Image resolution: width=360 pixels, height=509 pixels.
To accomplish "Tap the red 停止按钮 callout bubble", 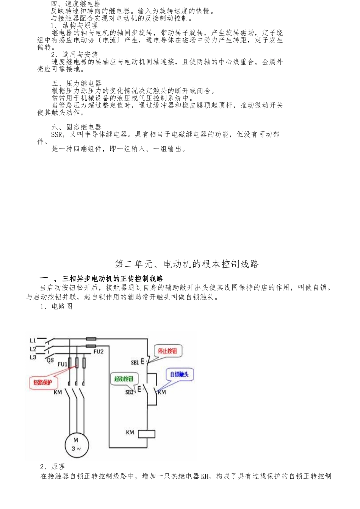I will point(167,351).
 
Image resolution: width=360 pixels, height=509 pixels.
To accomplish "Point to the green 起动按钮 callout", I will point(124,379).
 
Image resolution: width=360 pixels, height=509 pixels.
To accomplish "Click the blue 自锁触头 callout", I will point(179,374).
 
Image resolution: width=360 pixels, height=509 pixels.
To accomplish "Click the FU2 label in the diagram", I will point(98,351).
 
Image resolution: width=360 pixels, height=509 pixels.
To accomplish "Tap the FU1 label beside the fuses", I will point(63,364).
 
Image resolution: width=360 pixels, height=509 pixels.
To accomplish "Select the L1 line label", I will point(33,340).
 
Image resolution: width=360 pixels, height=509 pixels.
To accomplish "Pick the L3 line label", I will point(33,357).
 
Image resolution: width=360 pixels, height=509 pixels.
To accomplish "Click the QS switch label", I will point(50,361).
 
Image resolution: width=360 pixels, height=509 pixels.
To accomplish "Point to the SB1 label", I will point(135,362).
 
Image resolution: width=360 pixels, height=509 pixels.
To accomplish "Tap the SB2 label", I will point(130,392).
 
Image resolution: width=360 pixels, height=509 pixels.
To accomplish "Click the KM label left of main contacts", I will point(58,392).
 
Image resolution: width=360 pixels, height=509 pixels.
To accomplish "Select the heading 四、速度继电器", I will point(76,4).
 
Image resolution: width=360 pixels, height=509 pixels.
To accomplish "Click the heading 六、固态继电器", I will point(76,127).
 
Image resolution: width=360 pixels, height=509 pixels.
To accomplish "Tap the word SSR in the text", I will point(56,134).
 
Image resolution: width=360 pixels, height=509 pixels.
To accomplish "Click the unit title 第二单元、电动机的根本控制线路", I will point(187,264).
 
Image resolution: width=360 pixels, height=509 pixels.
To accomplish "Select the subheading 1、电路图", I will point(56,306).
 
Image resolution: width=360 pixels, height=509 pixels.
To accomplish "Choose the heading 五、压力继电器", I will point(76,83).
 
